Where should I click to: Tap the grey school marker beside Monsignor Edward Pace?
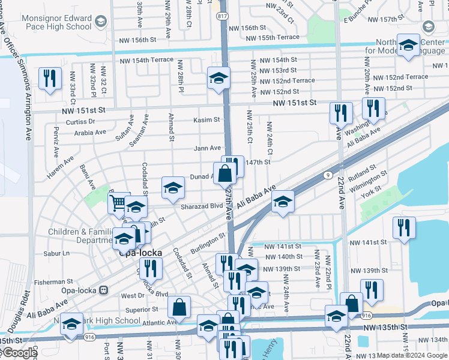tap(100, 22)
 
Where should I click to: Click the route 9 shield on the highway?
tap(328, 175)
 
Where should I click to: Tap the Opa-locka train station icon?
tap(103, 290)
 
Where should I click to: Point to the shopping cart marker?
tap(119, 203)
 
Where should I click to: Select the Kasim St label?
tap(206, 120)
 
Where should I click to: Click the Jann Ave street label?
tap(207, 148)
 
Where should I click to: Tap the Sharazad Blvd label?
tap(202, 206)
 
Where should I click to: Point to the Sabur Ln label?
tap(57, 254)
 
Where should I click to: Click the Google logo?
tap(19, 353)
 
